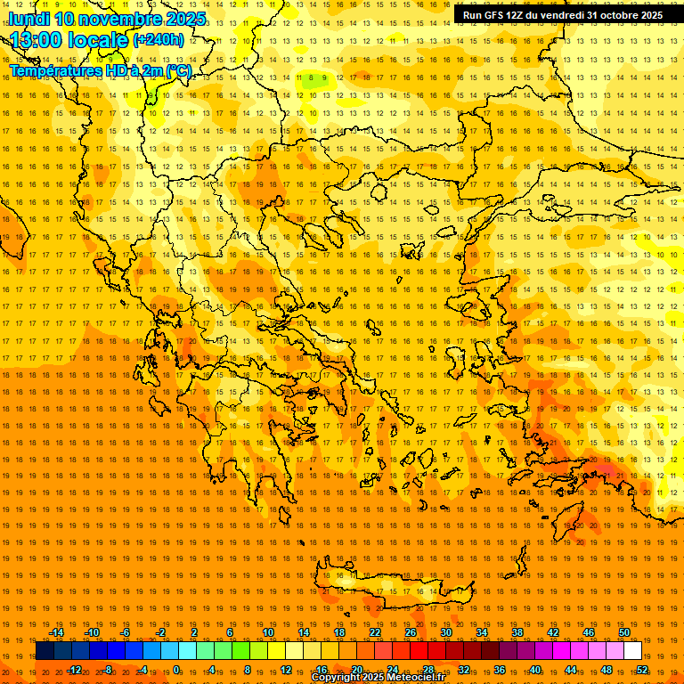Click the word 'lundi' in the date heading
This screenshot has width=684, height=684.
(28, 19)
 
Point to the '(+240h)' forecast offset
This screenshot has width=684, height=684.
(159, 40)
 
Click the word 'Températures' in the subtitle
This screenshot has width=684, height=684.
(56, 70)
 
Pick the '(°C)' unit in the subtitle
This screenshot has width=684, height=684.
(176, 70)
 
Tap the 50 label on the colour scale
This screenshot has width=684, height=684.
(624, 632)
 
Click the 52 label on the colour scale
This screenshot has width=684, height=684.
(642, 670)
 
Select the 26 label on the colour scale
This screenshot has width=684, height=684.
(411, 632)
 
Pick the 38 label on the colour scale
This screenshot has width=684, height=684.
(517, 632)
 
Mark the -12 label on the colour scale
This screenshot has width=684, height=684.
(74, 670)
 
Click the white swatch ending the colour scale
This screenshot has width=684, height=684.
(632, 651)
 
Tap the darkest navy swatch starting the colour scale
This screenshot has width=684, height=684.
(45, 651)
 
